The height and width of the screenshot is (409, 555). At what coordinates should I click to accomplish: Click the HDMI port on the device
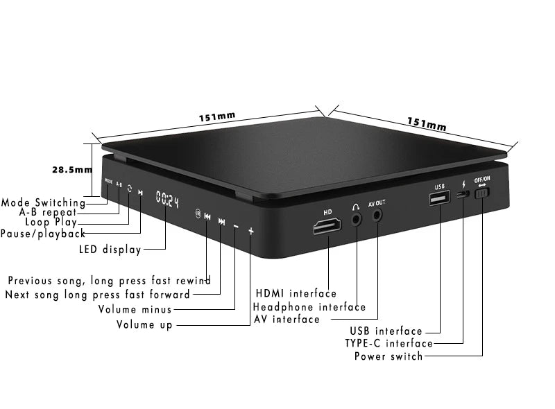[x=327, y=225]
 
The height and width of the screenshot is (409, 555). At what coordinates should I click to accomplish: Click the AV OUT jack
[x=377, y=214]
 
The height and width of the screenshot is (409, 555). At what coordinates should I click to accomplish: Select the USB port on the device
[x=439, y=200]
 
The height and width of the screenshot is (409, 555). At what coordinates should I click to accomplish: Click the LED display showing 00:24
[x=166, y=201]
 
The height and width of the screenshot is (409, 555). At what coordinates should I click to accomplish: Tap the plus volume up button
[x=251, y=231]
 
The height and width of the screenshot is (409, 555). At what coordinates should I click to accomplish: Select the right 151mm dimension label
[x=426, y=124]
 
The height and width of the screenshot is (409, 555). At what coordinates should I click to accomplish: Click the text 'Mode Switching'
[x=43, y=202]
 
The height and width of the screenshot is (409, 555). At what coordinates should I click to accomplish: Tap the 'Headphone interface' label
[x=309, y=306]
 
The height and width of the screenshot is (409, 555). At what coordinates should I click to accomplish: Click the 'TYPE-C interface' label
[x=388, y=343]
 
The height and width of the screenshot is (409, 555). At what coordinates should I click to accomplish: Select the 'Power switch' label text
[x=388, y=356]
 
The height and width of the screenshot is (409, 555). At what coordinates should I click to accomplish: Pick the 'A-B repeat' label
[x=48, y=212]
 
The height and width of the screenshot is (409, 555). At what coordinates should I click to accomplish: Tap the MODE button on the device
[x=108, y=182]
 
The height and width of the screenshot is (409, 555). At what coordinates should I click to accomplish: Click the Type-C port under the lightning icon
[x=461, y=195]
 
